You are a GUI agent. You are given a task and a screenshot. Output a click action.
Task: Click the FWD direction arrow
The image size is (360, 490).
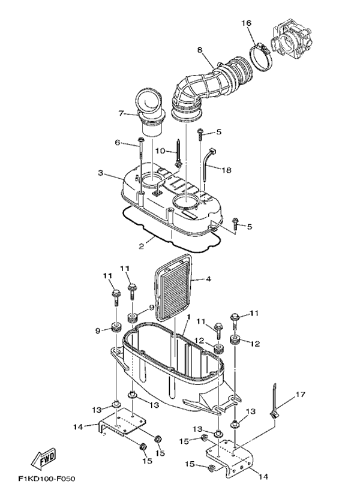[44, 458]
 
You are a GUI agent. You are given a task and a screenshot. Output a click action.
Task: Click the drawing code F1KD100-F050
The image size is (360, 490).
[47, 479]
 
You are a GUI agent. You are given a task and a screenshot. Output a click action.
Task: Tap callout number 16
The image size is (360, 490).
[246, 23]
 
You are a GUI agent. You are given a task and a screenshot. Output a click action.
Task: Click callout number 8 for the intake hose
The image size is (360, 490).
[200, 50]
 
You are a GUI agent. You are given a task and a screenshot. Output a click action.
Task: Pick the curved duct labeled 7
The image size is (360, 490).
[150, 113]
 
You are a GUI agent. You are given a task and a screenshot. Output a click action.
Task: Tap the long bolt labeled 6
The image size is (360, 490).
[141, 147]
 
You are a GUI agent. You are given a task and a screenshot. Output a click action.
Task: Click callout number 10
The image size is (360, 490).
[160, 151]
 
